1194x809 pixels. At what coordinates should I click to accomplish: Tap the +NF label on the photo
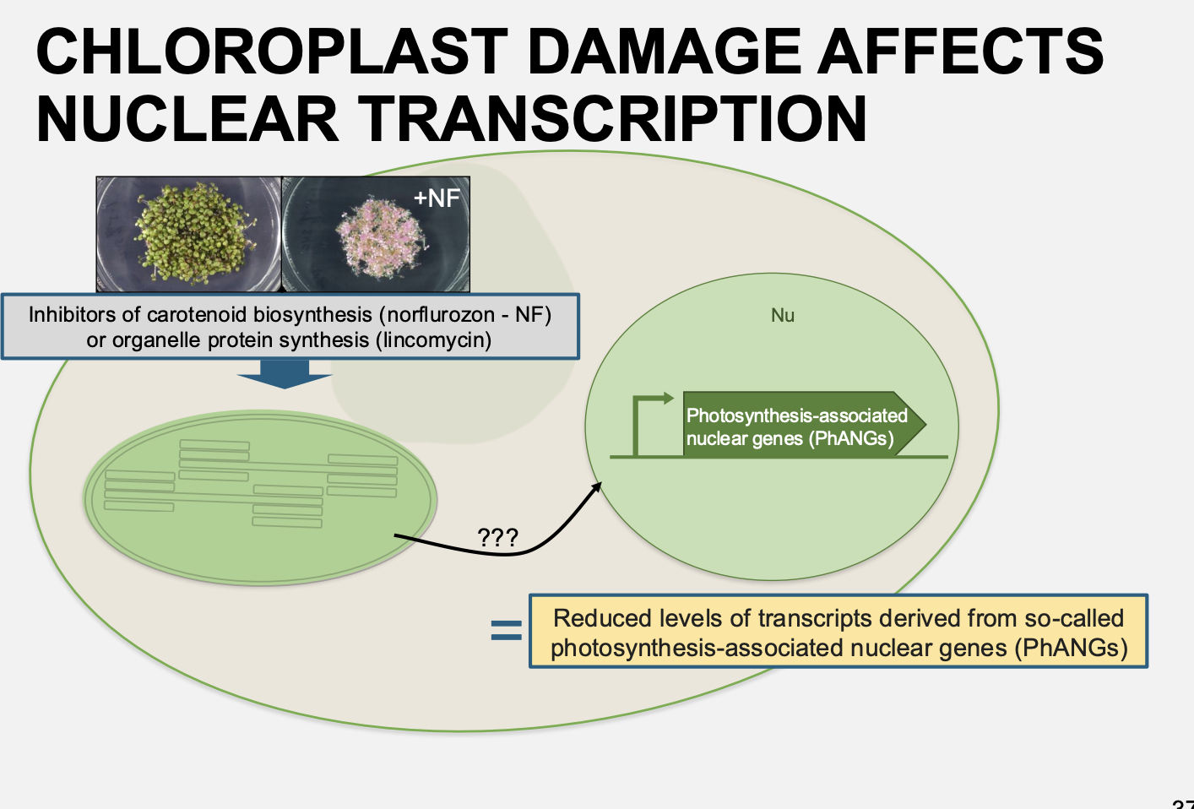point(437,198)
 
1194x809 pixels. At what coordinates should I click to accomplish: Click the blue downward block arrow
point(285,373)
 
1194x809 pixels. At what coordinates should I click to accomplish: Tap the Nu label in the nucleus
point(783,316)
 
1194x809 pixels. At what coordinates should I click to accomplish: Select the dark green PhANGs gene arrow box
point(798,425)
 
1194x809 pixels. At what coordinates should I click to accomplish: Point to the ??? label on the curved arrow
point(497,538)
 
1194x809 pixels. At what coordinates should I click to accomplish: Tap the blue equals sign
point(506,630)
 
